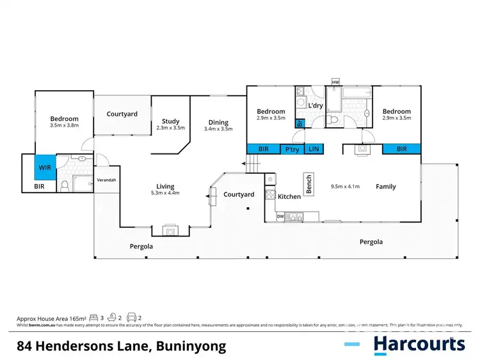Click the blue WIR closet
(x=45, y=168)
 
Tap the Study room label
(x=170, y=121)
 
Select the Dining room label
(x=219, y=122)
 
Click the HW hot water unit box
(x=335, y=82)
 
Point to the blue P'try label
(x=292, y=149)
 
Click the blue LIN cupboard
(x=314, y=149)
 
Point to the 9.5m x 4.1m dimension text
(x=345, y=187)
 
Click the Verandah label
(x=106, y=180)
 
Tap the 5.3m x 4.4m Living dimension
(x=164, y=192)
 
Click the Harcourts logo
(x=419, y=344)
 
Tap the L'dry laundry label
(x=316, y=106)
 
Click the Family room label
(x=385, y=187)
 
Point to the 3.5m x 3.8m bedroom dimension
(x=65, y=126)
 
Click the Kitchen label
(x=289, y=196)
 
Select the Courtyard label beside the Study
(x=122, y=114)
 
